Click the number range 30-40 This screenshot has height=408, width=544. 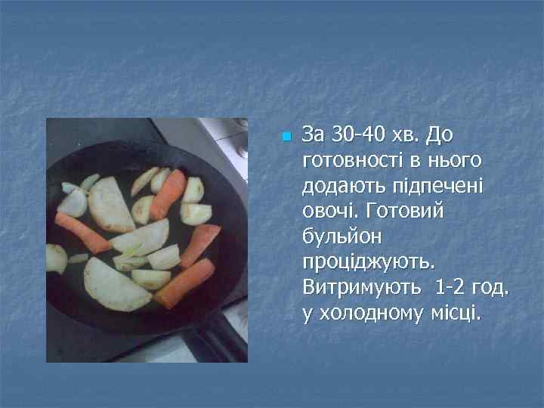(356, 135)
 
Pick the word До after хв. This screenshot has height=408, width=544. (440, 135)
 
